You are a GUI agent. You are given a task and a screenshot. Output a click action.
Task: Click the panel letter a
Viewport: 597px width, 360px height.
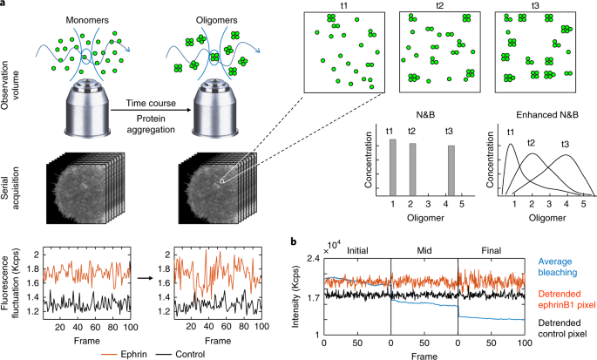pyautogui.click(x=4, y=4)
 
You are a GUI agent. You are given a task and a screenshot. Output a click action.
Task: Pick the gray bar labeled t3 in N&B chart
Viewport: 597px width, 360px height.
pyautogui.click(x=450, y=170)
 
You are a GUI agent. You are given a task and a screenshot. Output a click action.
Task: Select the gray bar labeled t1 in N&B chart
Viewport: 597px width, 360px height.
pyautogui.click(x=392, y=166)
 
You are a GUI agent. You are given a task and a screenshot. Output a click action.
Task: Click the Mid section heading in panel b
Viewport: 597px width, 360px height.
pyautogui.click(x=424, y=250)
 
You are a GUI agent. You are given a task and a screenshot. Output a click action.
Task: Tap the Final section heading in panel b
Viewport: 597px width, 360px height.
pyautogui.click(x=491, y=250)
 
